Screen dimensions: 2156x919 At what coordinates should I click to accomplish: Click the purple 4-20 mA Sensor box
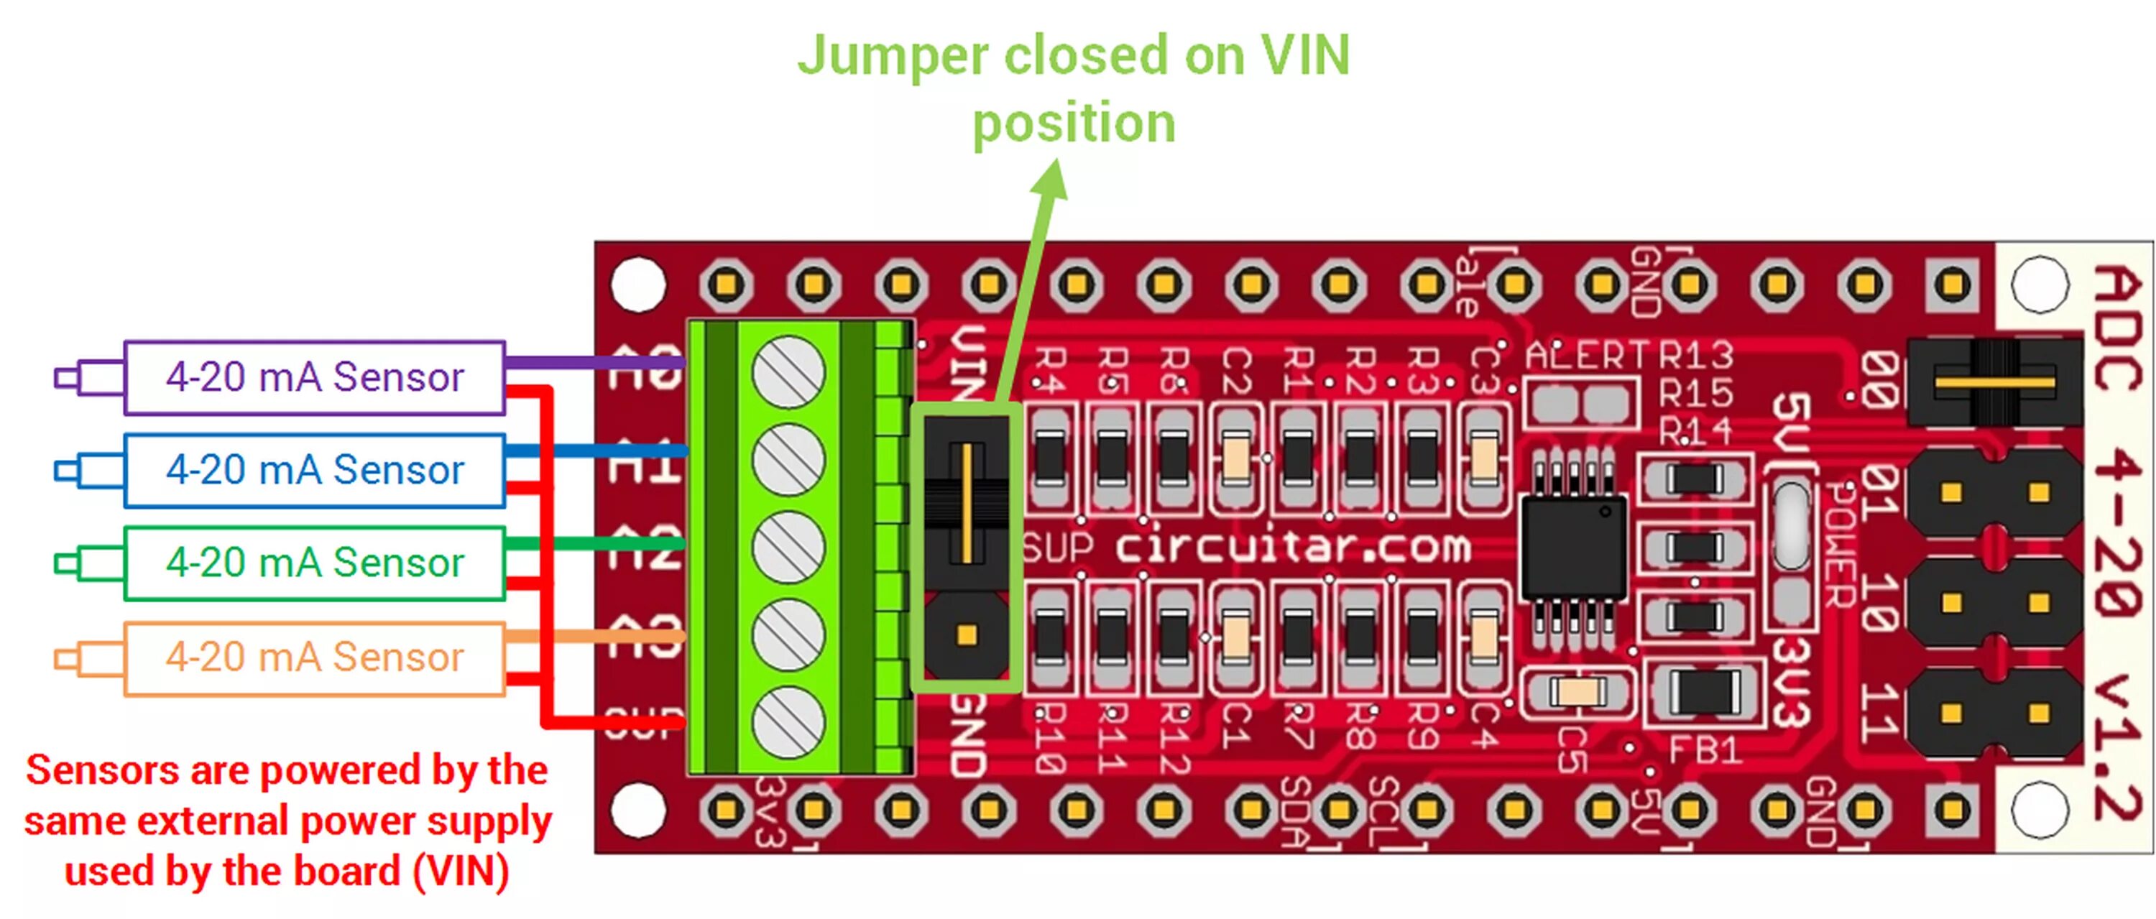click(314, 377)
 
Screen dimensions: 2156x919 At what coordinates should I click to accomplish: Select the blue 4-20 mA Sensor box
click(314, 469)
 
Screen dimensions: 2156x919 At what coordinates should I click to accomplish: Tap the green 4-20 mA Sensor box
click(314, 563)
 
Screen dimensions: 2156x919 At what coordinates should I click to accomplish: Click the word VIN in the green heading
click(1305, 55)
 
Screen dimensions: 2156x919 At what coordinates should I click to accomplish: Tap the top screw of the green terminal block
click(788, 372)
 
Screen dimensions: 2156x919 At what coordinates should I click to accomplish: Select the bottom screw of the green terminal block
click(788, 722)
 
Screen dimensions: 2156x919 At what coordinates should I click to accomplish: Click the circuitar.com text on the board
click(1292, 548)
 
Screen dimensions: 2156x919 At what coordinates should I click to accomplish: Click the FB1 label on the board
click(1704, 750)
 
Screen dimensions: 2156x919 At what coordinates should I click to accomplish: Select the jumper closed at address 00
click(1994, 382)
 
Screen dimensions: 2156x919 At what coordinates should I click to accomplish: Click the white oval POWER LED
click(1790, 527)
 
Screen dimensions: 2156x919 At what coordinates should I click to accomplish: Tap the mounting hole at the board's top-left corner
click(637, 285)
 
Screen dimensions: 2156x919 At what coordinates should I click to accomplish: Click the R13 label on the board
click(1695, 356)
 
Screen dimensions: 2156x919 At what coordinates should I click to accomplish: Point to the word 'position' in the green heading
click(1074, 123)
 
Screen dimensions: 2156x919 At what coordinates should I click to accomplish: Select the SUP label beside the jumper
click(1057, 548)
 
